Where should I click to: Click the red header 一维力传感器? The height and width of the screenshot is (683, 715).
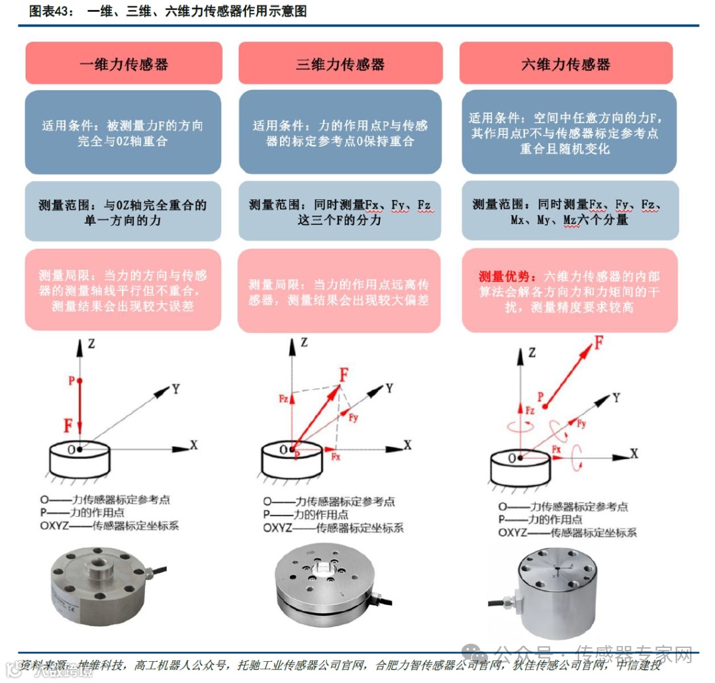pyautogui.click(x=123, y=64)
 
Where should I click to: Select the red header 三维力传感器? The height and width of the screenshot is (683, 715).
pyautogui.click(x=340, y=64)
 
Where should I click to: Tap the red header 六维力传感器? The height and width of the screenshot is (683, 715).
pyautogui.click(x=566, y=64)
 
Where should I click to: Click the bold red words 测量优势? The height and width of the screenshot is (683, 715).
pyautogui.click(x=504, y=277)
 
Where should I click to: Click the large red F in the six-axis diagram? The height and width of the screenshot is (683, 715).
pyautogui.click(x=598, y=342)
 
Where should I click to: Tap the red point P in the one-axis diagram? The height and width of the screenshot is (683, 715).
pyautogui.click(x=79, y=381)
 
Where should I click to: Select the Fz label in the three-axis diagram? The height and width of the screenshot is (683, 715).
pyautogui.click(x=283, y=398)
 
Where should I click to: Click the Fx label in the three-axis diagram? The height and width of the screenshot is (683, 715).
pyautogui.click(x=336, y=457)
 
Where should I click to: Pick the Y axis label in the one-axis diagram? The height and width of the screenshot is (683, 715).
pyautogui.click(x=175, y=389)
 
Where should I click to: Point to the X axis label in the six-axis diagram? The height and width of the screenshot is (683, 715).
pyautogui.click(x=634, y=453)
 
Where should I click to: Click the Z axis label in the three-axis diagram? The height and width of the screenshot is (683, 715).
pyautogui.click(x=304, y=342)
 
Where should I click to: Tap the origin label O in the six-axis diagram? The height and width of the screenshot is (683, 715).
pyautogui.click(x=511, y=457)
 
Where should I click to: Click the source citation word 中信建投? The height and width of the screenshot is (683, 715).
pyautogui.click(x=640, y=665)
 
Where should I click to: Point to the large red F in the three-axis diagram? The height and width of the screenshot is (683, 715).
pyautogui.click(x=344, y=375)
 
